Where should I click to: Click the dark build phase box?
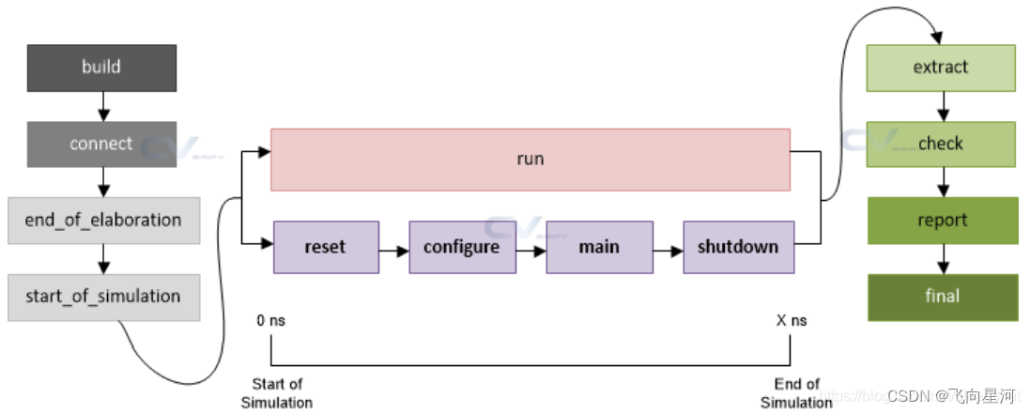(x=101, y=67)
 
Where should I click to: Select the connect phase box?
(x=101, y=144)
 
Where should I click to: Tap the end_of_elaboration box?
(x=103, y=220)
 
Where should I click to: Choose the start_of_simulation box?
(x=103, y=297)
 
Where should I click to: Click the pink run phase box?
(x=530, y=159)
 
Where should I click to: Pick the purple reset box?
(x=326, y=247)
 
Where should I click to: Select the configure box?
(x=462, y=247)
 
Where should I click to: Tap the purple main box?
(x=599, y=247)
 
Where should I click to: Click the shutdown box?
(x=738, y=247)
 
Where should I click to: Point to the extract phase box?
(x=941, y=68)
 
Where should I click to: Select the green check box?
(x=941, y=144)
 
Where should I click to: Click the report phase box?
(x=942, y=220)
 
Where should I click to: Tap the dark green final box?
(x=942, y=297)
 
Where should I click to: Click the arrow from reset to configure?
(x=393, y=250)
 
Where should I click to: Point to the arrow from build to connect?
(x=101, y=106)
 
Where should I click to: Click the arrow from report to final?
(x=942, y=259)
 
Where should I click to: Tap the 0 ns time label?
(x=271, y=321)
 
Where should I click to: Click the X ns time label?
(x=791, y=321)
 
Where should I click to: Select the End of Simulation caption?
(x=796, y=393)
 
